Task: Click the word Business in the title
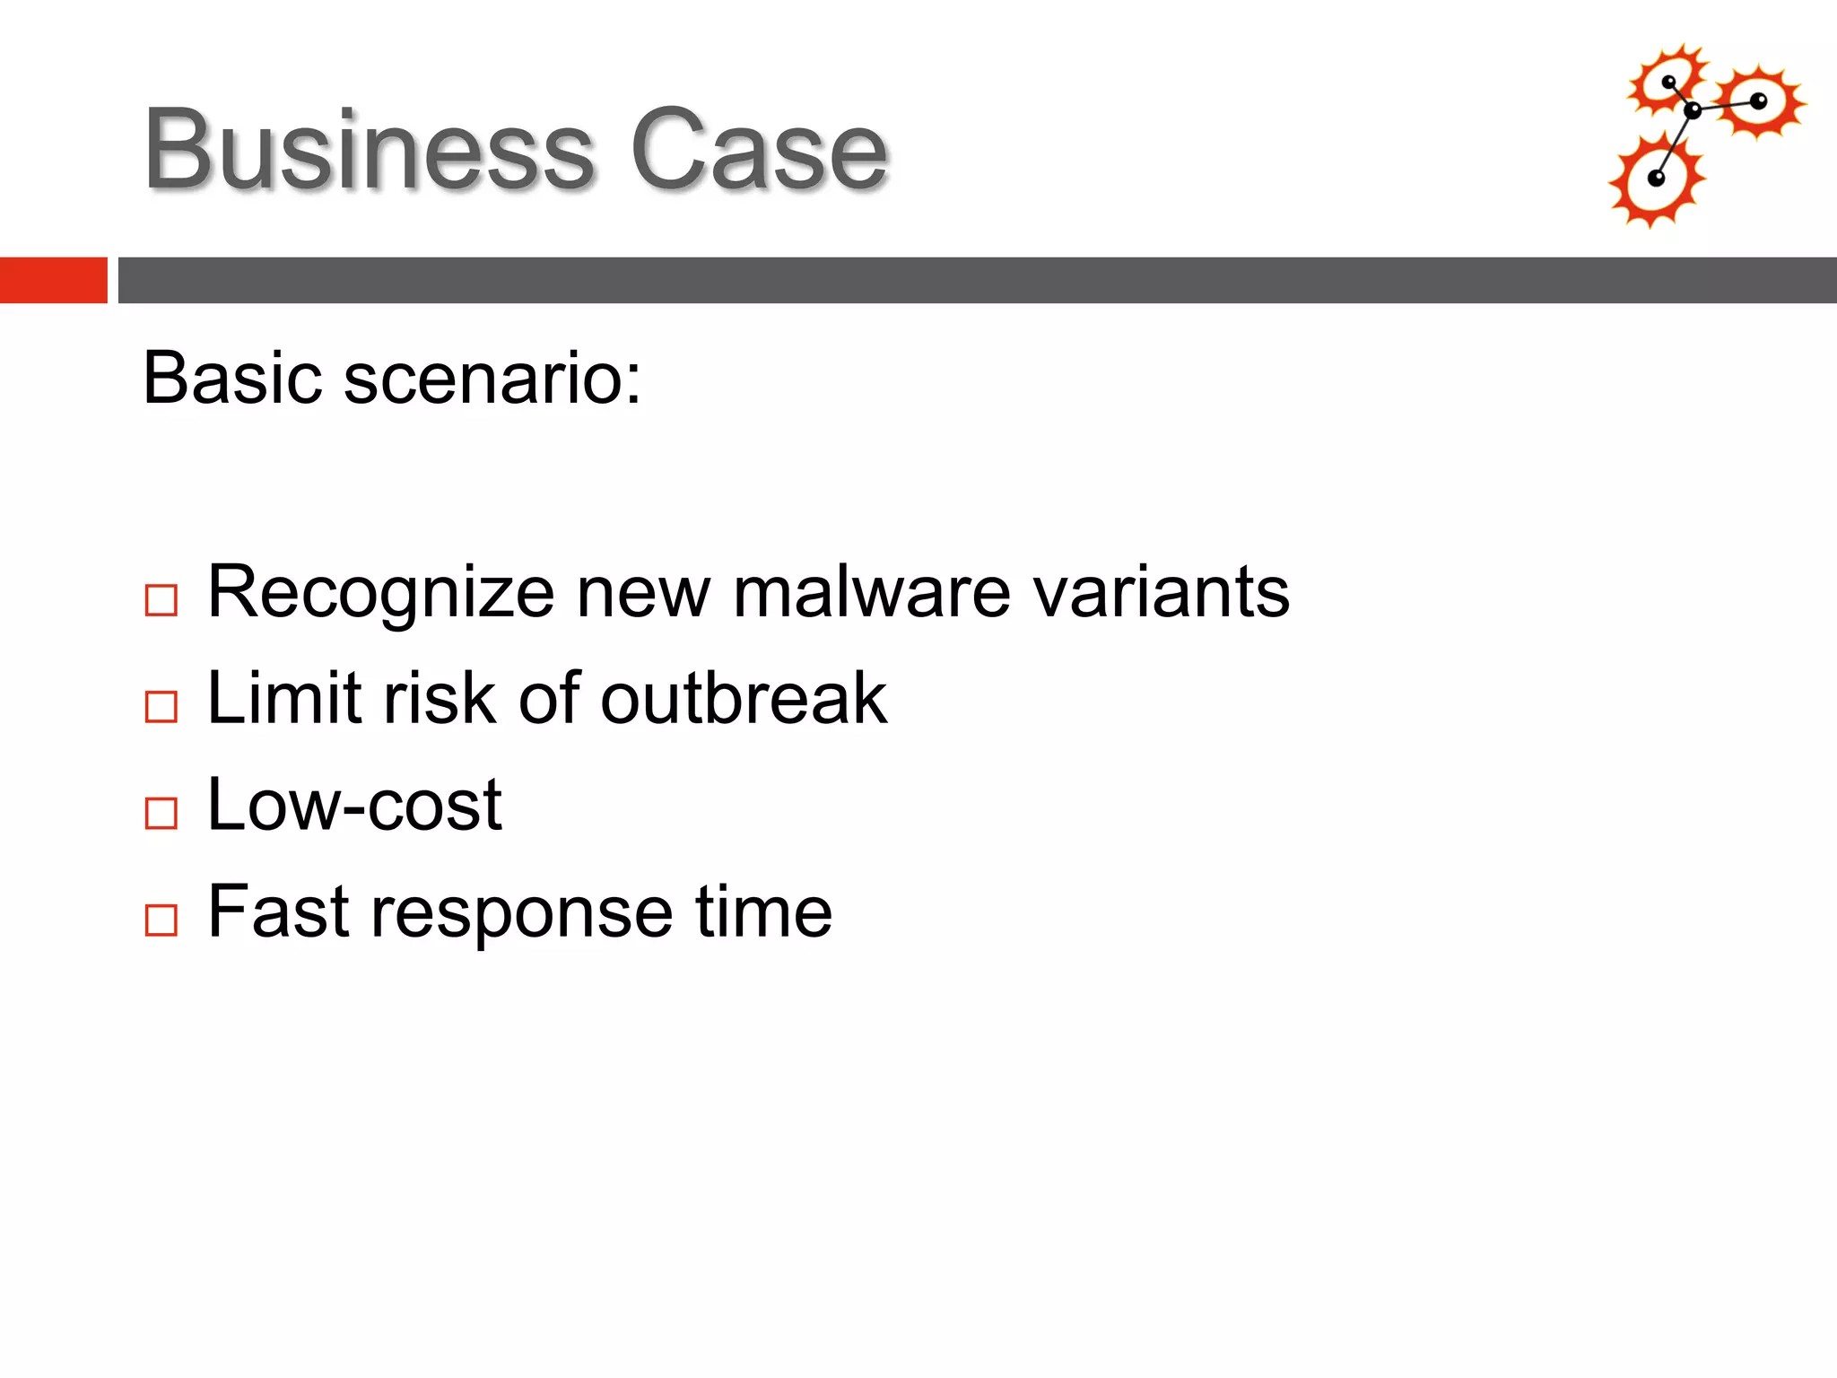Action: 369,151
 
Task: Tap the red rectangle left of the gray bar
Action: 53,280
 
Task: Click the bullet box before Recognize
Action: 161,600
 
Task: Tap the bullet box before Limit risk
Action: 161,707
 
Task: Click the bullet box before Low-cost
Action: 161,814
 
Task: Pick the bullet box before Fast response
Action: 161,920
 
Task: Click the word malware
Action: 871,593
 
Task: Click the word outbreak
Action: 744,699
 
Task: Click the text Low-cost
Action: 354,806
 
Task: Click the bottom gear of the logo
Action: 1656,179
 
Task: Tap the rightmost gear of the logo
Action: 1759,101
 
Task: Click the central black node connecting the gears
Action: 1692,111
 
